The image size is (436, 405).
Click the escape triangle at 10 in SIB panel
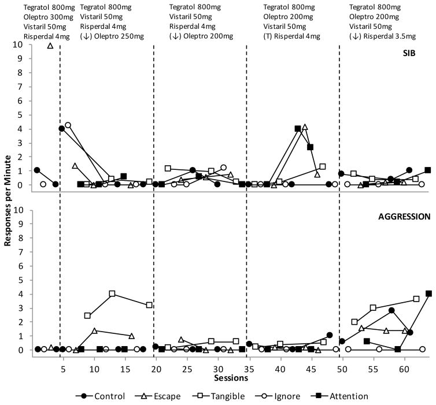(50, 45)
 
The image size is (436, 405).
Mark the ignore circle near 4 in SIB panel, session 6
(68, 125)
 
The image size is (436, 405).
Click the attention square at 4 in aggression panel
(428, 293)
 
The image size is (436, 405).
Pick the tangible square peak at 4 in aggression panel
(112, 293)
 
